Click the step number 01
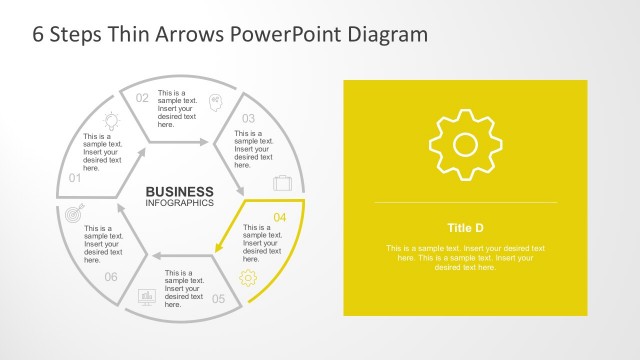(75, 178)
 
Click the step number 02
(142, 97)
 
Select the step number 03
(249, 118)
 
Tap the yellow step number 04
(280, 217)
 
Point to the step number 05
(219, 298)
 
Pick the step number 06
(111, 277)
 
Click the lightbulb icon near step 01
(111, 120)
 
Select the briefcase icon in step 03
(283, 183)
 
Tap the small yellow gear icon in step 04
(248, 278)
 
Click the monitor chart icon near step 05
(146, 297)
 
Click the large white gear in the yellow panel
(465, 145)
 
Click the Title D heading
(465, 226)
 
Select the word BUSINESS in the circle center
(180, 191)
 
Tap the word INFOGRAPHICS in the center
(180, 203)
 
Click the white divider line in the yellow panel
(465, 202)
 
